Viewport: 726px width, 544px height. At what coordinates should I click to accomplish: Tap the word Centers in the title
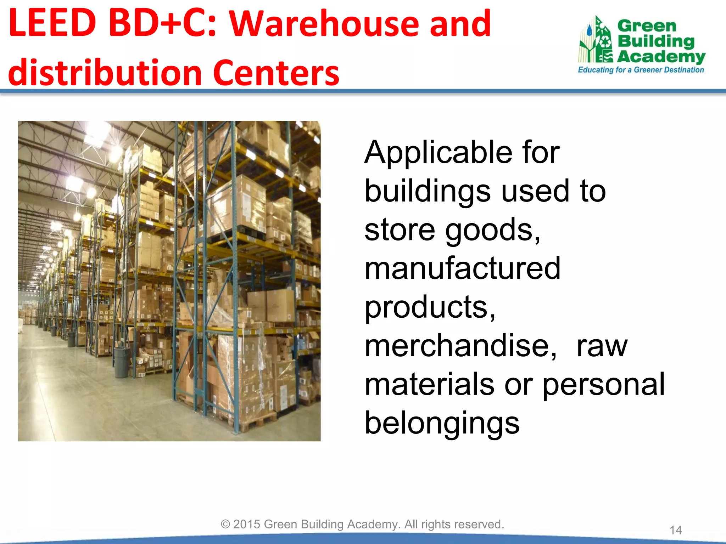coord(276,73)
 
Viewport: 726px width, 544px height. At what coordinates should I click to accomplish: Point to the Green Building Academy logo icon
coord(596,40)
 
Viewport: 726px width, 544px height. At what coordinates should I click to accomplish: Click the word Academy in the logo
coord(661,57)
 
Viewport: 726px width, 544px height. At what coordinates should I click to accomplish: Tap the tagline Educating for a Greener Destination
coord(641,70)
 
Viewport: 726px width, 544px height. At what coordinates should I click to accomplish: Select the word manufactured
coord(462,268)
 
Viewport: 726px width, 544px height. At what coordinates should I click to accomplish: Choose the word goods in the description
coord(492,230)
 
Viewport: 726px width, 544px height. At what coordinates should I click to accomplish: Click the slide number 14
coord(675,530)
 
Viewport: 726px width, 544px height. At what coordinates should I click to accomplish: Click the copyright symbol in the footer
coord(225,524)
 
